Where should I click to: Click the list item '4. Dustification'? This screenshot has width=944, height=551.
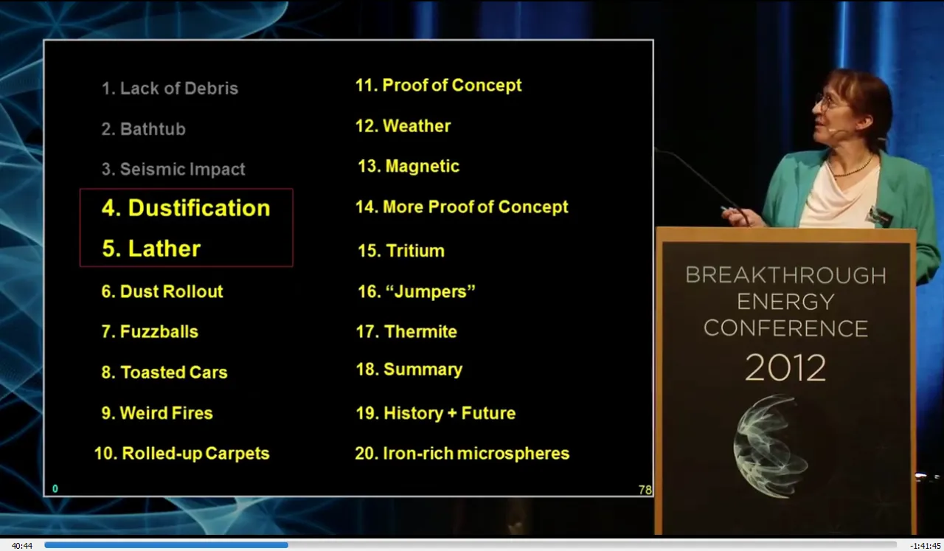coord(186,208)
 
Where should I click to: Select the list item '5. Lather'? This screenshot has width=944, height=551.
coord(151,249)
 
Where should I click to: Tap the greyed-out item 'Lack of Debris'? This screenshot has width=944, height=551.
coord(179,88)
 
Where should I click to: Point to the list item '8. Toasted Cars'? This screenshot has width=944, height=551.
coord(164,372)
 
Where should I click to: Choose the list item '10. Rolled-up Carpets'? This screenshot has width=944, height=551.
coord(181,454)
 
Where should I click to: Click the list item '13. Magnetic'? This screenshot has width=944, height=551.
coord(409,166)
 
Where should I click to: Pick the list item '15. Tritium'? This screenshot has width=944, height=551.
coord(400,251)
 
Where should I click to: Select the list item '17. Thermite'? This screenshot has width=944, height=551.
coord(406,332)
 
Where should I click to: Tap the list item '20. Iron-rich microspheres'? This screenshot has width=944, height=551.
coord(462,454)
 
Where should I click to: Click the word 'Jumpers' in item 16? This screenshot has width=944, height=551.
coord(431,292)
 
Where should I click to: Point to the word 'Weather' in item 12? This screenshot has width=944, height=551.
coord(417,126)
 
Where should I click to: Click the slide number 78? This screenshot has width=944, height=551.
coord(645,490)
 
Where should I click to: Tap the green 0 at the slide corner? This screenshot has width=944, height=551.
coord(55,488)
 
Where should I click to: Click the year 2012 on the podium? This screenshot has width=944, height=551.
coord(785,368)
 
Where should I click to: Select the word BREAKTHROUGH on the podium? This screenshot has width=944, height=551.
coord(785,275)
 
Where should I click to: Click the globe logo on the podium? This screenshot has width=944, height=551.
coord(771,446)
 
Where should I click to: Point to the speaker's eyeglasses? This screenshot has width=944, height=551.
coord(825,101)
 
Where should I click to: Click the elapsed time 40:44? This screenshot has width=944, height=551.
coord(22,546)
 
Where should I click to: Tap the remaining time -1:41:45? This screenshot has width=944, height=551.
coord(925,546)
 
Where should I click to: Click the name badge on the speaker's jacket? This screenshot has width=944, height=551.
coord(879,217)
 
